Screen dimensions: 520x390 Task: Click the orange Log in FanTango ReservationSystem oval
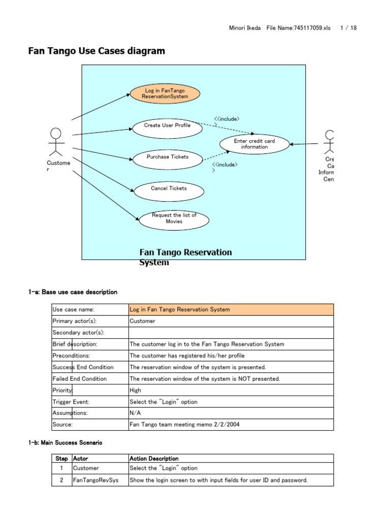[x=165, y=93]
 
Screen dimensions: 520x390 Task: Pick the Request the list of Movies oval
[x=174, y=218]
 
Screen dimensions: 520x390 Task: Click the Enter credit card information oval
[x=254, y=144]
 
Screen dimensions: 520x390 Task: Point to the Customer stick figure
[x=56, y=142]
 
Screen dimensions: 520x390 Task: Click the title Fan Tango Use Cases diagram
[x=96, y=51]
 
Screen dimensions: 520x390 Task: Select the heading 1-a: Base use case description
[x=73, y=292]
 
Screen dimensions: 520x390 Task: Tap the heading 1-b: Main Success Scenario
[x=65, y=443]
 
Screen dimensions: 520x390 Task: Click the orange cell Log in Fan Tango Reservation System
[x=231, y=309]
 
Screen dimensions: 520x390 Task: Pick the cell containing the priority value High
[x=136, y=390]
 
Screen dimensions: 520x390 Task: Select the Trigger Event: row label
[x=71, y=402]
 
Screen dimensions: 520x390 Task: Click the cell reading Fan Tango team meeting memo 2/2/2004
[x=184, y=425]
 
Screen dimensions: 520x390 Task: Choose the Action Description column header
[x=154, y=459]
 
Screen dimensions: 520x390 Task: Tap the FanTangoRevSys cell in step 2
[x=96, y=480]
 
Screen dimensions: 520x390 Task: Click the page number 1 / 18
[x=348, y=28]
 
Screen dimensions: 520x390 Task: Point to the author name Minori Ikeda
[x=245, y=28]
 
